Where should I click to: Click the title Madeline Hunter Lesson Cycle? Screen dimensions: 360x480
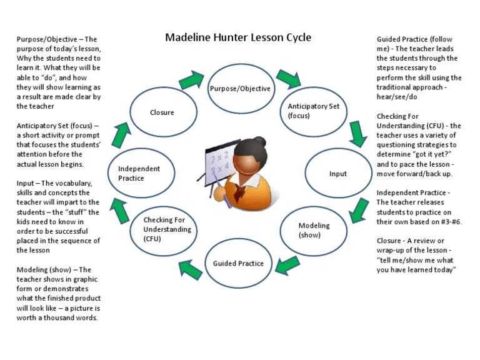pyautogui.click(x=238, y=37)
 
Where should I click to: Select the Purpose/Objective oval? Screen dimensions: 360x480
pyautogui.click(x=240, y=88)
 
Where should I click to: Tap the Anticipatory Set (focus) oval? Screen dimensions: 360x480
pyautogui.click(x=314, y=111)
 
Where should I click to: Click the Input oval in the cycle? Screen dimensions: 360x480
pyautogui.click(x=337, y=174)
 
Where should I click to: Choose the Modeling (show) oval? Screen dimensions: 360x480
pyautogui.click(x=314, y=230)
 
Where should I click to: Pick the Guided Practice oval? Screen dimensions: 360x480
pyautogui.click(x=238, y=263)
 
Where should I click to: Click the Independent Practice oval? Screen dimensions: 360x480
pyautogui.click(x=139, y=173)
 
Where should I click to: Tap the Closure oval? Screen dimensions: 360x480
pyautogui.click(x=162, y=112)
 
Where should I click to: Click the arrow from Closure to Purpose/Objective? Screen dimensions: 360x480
pyautogui.click(x=191, y=80)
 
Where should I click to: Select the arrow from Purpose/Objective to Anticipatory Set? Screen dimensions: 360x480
pyautogui.click(x=288, y=78)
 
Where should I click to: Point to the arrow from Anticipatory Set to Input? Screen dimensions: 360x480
pyautogui.click(x=357, y=133)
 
